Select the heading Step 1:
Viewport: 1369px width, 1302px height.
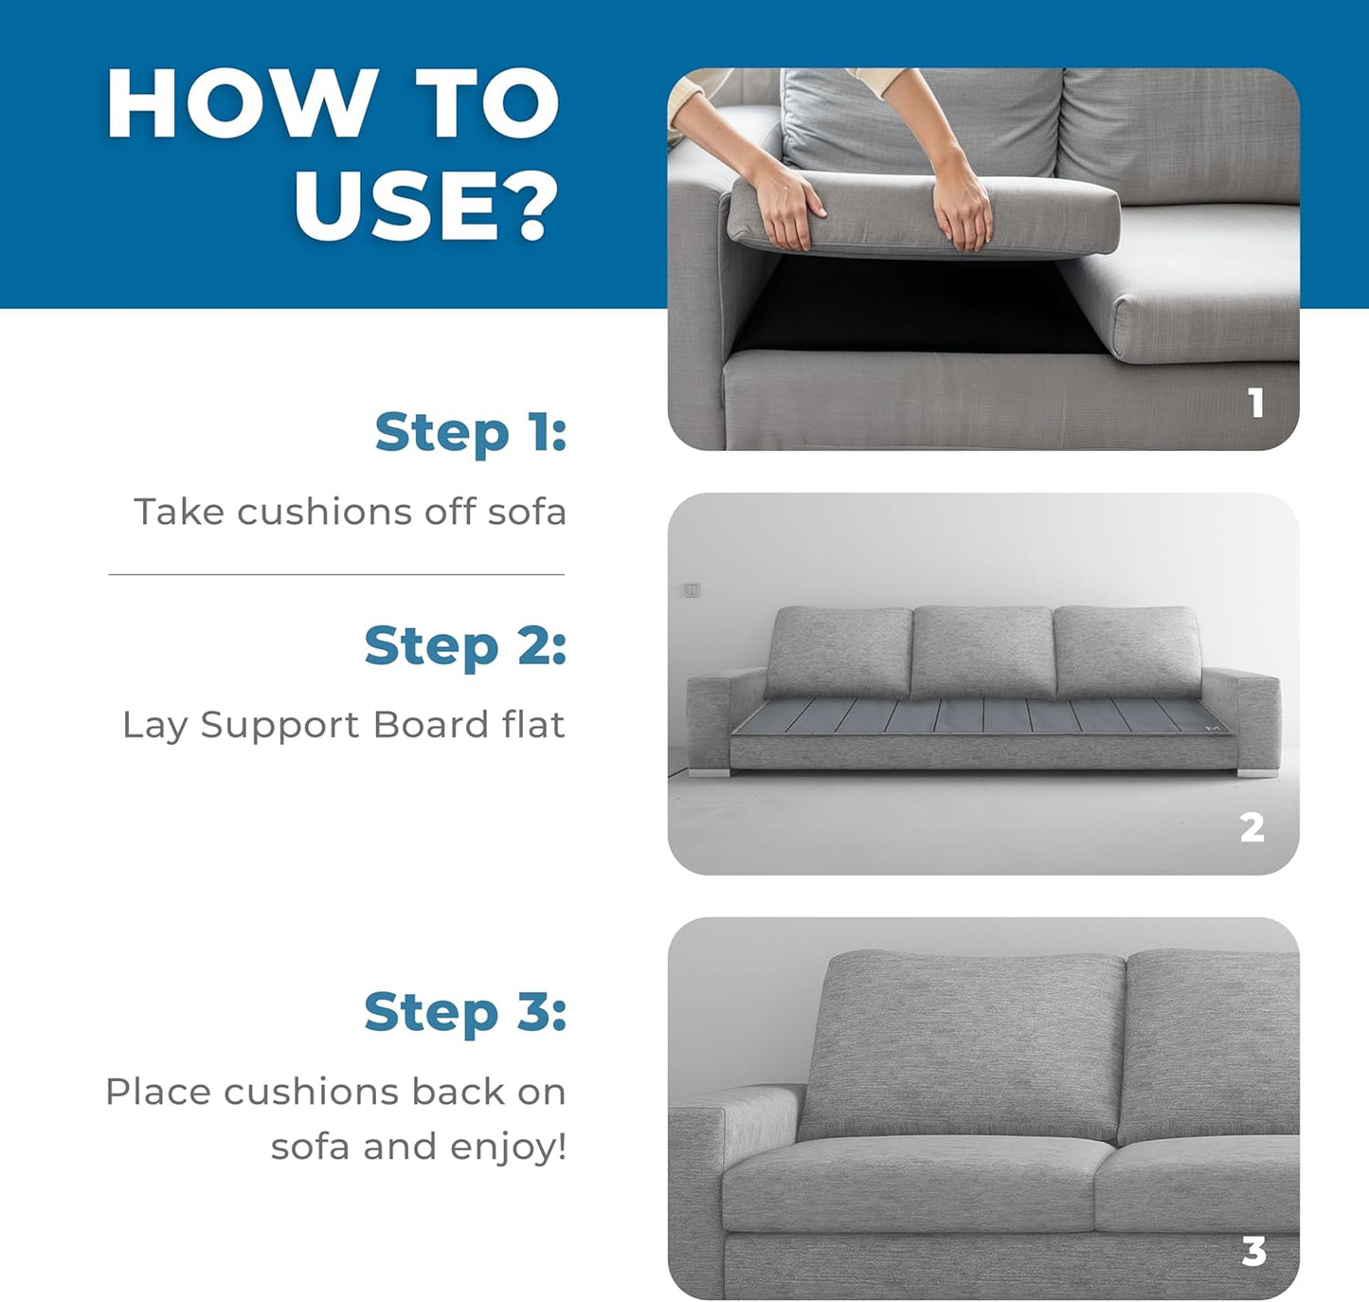[471, 433]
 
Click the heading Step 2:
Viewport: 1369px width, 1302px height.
[465, 645]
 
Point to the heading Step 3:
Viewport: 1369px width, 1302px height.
[465, 1011]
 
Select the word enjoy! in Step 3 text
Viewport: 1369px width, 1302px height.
[509, 1147]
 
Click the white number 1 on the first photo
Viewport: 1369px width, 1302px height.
[1256, 403]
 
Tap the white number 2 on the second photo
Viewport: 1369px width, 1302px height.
[1252, 827]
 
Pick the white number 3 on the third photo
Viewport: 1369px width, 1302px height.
[1254, 1251]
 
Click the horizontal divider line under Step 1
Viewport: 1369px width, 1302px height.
[336, 575]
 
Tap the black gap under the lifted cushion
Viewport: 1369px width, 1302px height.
[912, 306]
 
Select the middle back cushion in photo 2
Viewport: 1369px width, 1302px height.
[982, 652]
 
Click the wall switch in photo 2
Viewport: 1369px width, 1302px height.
[692, 590]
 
